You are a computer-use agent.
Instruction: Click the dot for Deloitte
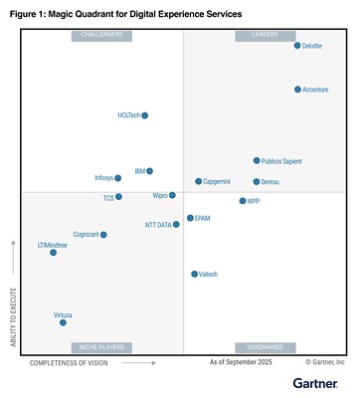click(x=297, y=46)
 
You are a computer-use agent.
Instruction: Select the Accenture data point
click(x=297, y=90)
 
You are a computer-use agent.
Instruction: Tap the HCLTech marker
click(x=145, y=115)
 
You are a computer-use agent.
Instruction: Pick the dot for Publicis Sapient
click(x=257, y=160)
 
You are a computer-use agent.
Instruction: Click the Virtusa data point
click(x=63, y=322)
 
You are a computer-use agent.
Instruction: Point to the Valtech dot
click(x=194, y=274)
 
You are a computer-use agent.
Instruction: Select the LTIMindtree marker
click(x=53, y=253)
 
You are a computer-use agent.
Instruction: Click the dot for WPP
click(x=243, y=201)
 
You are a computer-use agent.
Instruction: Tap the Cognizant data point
click(x=103, y=235)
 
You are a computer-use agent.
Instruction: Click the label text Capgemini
click(x=218, y=182)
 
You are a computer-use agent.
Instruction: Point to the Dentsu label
click(x=270, y=182)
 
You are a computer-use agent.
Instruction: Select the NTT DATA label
click(x=158, y=225)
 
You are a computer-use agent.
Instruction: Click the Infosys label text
click(x=103, y=178)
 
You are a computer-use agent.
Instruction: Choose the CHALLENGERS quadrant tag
click(x=100, y=35)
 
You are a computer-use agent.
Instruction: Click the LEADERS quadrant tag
click(x=265, y=35)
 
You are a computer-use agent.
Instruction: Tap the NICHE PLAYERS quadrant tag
click(x=100, y=347)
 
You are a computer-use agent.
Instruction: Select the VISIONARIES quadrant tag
click(x=265, y=347)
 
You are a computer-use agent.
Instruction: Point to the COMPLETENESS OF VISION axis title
click(x=69, y=363)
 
